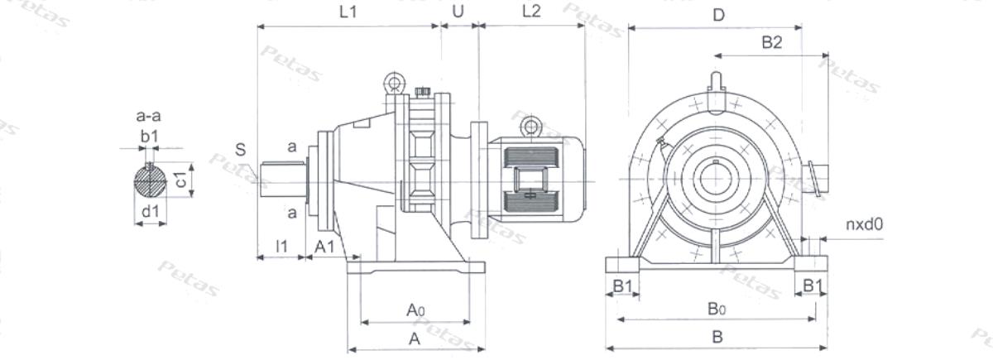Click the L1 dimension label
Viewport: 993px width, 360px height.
point(348,12)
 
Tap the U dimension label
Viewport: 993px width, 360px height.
point(458,12)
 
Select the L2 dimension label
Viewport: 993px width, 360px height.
point(531,11)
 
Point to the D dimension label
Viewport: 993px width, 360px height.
point(718,16)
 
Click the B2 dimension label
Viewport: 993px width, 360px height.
point(772,42)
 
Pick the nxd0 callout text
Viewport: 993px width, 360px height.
point(865,224)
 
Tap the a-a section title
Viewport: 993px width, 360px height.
point(148,116)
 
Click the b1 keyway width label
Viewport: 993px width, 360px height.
point(150,137)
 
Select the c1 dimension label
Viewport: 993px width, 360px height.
point(181,180)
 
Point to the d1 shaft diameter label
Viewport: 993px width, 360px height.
point(151,211)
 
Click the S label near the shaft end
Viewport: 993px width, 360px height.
point(240,150)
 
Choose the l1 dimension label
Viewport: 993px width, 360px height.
point(282,246)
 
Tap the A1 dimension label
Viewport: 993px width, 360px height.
point(324,247)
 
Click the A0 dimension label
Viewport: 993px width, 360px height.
point(415,310)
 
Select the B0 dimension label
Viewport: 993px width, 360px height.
point(717,308)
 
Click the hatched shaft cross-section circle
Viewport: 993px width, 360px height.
point(151,180)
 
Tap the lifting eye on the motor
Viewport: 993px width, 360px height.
point(530,127)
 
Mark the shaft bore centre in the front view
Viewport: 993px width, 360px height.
point(715,179)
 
